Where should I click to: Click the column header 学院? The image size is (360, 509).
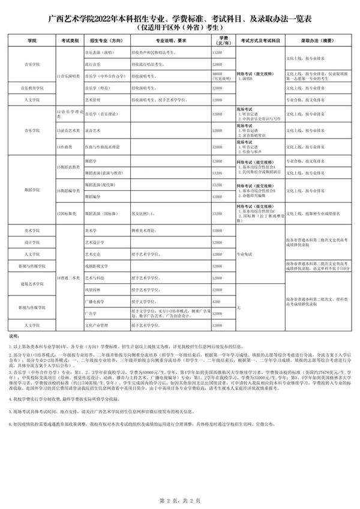click(32, 41)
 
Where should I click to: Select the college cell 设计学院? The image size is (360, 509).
click(32, 242)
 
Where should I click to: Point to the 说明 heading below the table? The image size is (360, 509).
click(14, 337)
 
